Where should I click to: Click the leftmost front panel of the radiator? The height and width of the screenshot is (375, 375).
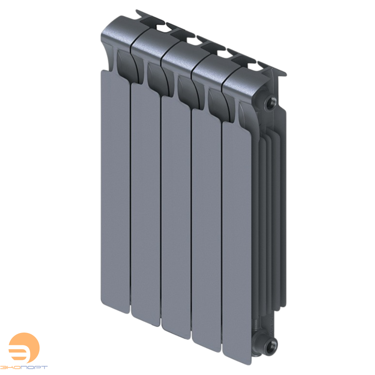coord(115,187)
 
